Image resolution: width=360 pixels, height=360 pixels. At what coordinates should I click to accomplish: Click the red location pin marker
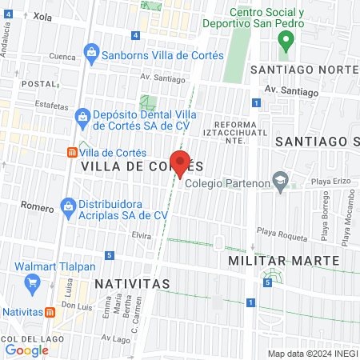pyautogui.click(x=181, y=162)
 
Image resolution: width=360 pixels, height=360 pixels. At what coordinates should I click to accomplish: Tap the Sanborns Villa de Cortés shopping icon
pyautogui.click(x=90, y=54)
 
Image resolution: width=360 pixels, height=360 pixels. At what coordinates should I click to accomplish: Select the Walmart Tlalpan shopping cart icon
pyautogui.click(x=33, y=282)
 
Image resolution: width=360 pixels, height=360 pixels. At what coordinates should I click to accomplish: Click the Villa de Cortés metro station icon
pyautogui.click(x=72, y=153)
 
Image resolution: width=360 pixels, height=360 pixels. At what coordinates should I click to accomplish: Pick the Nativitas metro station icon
pyautogui.click(x=50, y=312)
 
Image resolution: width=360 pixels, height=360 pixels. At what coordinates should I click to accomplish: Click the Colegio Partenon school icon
pyautogui.click(x=279, y=182)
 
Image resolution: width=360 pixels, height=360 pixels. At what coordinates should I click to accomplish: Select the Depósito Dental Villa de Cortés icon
pyautogui.click(x=82, y=118)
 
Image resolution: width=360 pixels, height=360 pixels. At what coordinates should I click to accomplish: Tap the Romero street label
pyautogui.click(x=38, y=206)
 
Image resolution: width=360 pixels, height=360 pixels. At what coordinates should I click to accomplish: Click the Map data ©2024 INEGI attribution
pyautogui.click(x=312, y=354)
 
